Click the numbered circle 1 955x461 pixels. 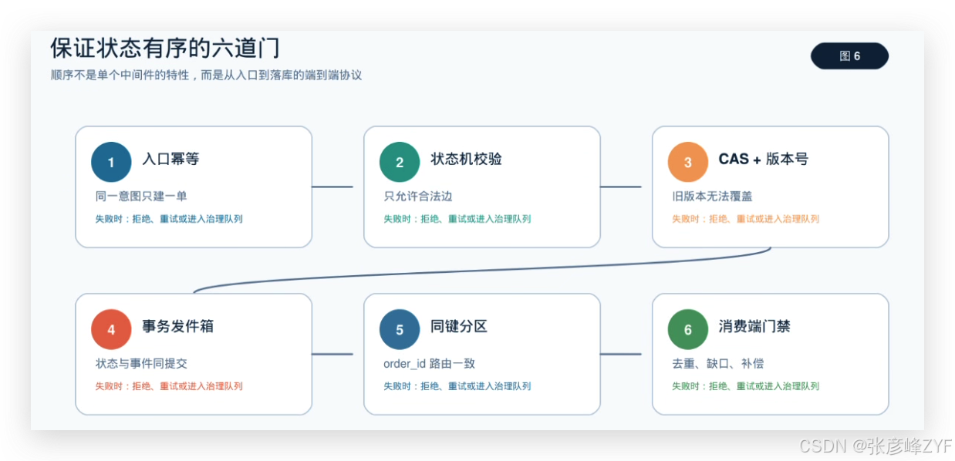pos(111,162)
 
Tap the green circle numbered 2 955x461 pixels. pos(400,162)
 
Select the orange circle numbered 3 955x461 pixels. pos(687,162)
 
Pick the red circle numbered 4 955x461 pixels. pos(111,329)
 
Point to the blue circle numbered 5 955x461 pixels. pos(400,329)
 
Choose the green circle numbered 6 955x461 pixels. pos(687,329)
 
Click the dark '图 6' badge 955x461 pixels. pos(849,56)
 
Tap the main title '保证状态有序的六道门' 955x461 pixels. pos(165,48)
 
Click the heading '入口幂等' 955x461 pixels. pos(170,159)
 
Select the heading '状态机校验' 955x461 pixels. pos(466,159)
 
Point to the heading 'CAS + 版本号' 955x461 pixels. pos(763,159)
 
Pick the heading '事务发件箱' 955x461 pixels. pos(177,326)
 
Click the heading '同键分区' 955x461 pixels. pos(459,326)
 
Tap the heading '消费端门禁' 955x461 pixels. pos(754,326)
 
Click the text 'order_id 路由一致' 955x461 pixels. pos(429,363)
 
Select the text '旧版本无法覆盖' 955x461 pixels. pos(712,196)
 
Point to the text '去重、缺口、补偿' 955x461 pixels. pos(717,363)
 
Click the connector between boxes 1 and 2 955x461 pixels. pos(332,187)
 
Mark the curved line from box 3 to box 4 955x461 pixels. pos(482,270)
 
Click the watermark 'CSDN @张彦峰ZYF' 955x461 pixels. pos(876,446)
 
